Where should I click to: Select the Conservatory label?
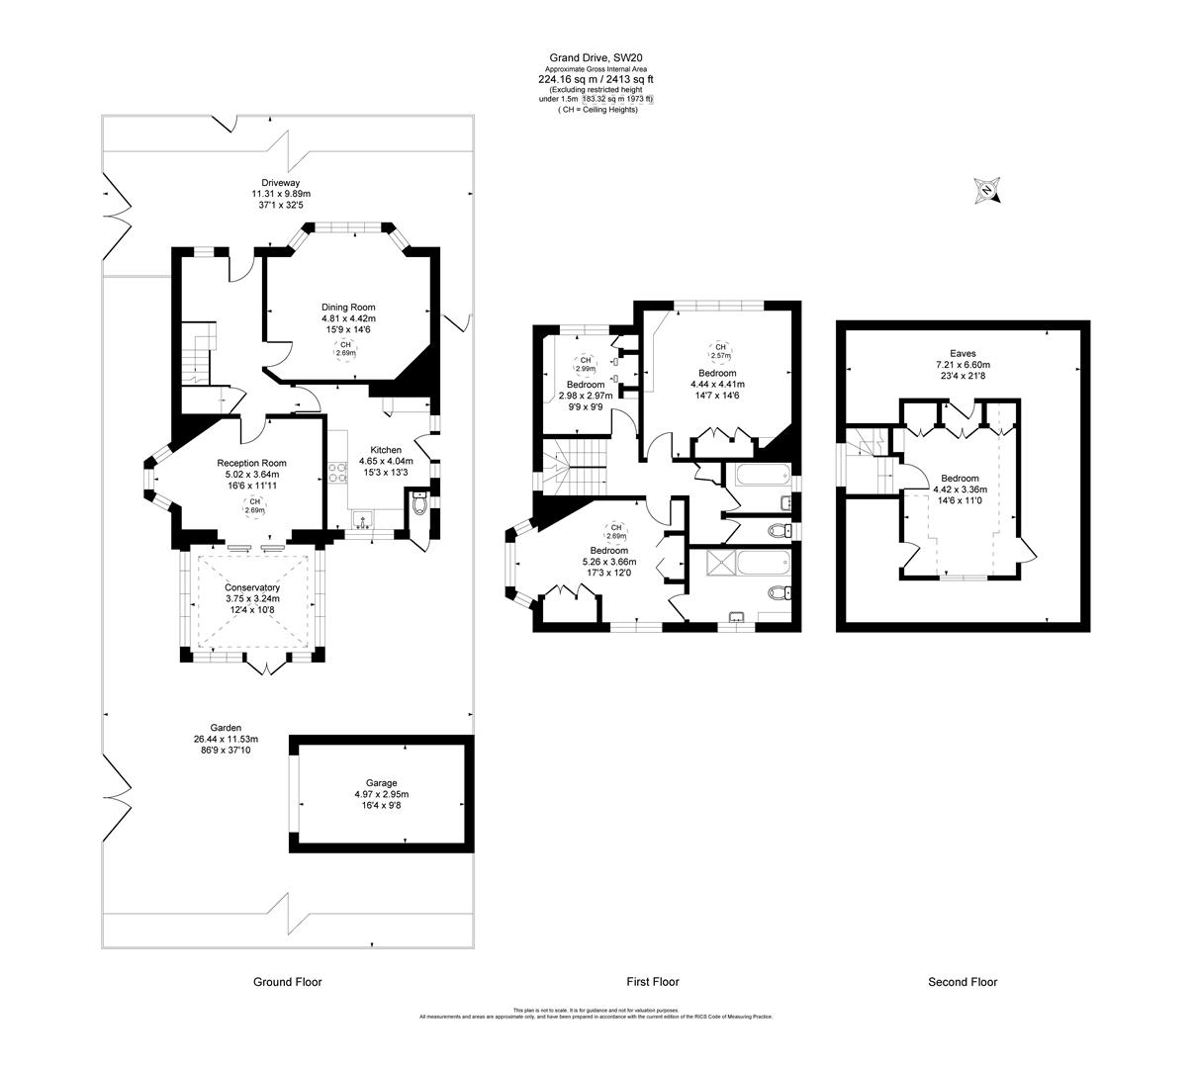[251, 587]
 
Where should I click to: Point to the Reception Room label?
[251, 463]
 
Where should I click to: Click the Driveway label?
[280, 182]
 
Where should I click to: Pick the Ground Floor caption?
[287, 982]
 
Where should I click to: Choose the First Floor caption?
[653, 982]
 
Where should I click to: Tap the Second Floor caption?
[963, 982]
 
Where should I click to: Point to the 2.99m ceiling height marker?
[585, 363]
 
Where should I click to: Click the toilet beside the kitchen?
[421, 506]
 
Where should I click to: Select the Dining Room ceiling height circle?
[345, 348]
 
